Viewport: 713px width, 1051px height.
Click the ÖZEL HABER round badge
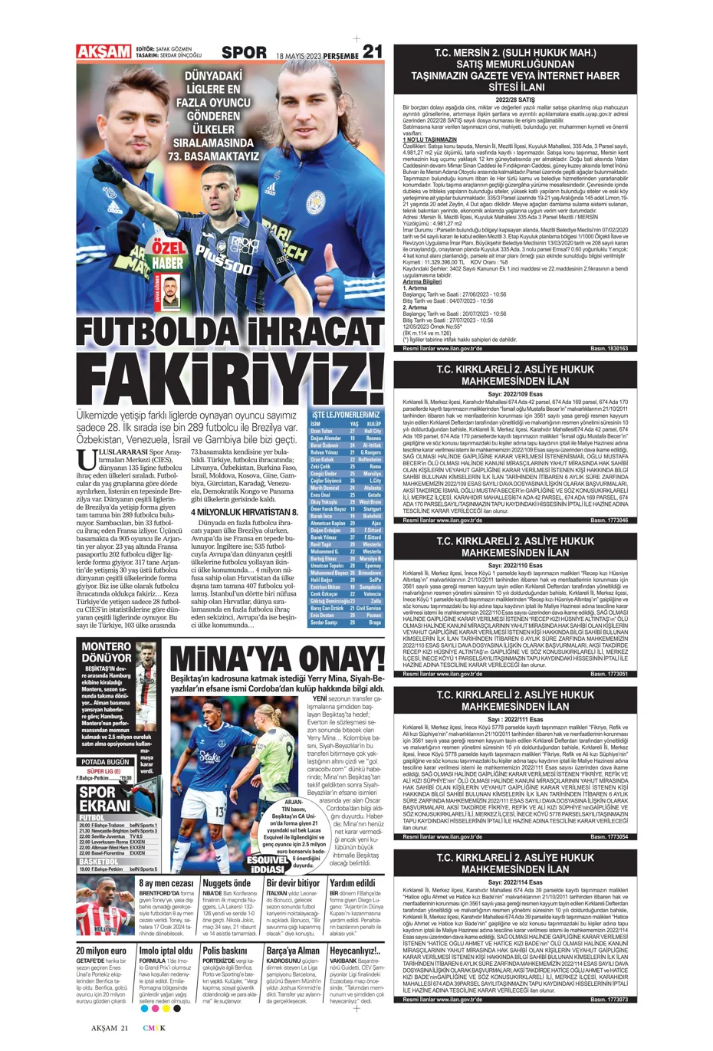[168, 256]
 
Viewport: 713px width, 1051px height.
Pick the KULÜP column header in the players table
[373, 423]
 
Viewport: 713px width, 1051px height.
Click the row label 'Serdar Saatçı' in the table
[324, 622]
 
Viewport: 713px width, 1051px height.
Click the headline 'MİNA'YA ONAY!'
[275, 659]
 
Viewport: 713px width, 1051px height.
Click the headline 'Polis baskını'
[225, 951]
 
